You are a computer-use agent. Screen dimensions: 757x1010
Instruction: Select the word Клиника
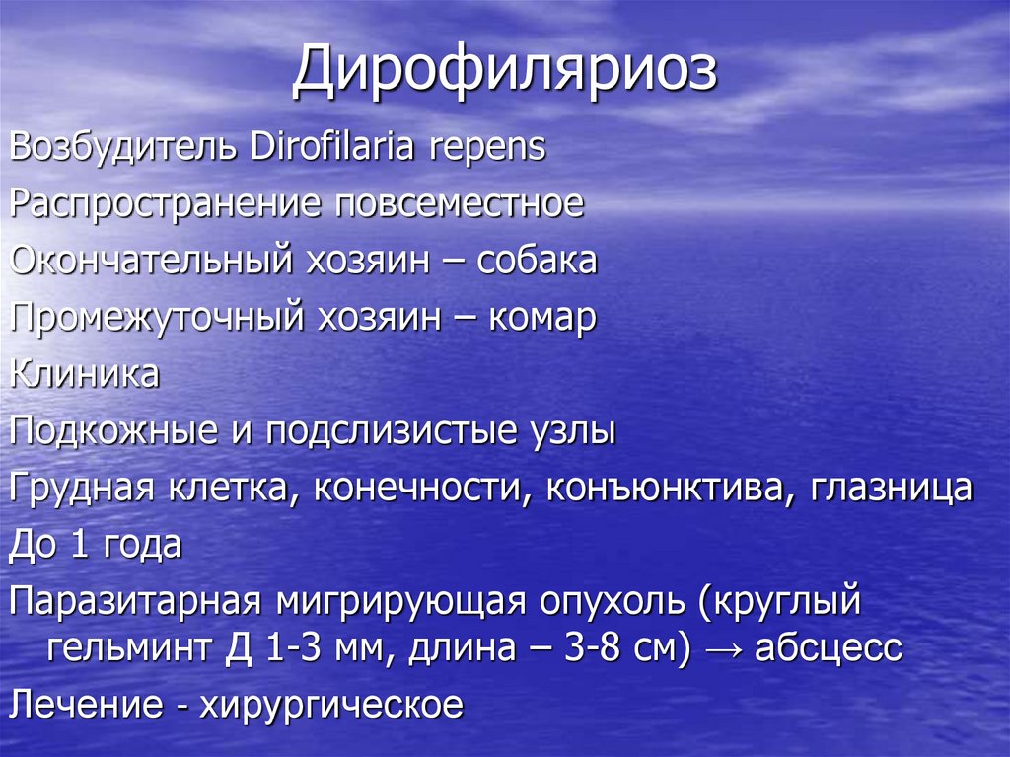[84, 375]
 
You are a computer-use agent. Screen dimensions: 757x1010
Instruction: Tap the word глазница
[892, 489]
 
